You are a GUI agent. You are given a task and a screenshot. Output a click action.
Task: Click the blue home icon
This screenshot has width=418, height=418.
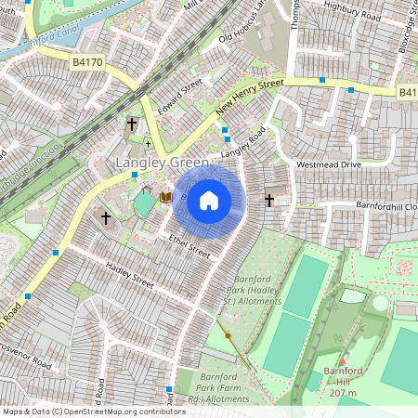coord(209,200)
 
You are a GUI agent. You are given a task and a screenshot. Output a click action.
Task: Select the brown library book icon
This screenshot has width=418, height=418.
coord(165,197)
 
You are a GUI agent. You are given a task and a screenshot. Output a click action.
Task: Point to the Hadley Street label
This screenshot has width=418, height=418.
coord(129,275)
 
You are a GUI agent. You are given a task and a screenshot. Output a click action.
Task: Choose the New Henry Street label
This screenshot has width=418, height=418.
coord(249,97)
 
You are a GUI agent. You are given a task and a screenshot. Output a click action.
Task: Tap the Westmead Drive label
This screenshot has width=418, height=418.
coord(327,164)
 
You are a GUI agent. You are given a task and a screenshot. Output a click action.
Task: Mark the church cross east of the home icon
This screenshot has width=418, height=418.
coord(269,200)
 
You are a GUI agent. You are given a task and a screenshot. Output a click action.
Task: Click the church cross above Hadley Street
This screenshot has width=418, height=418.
coord(106,218)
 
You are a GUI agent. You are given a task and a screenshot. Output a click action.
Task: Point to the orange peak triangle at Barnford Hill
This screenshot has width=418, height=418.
coord(343,361)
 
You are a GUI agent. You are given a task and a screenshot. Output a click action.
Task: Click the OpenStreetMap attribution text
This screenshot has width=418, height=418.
coord(94,411)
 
